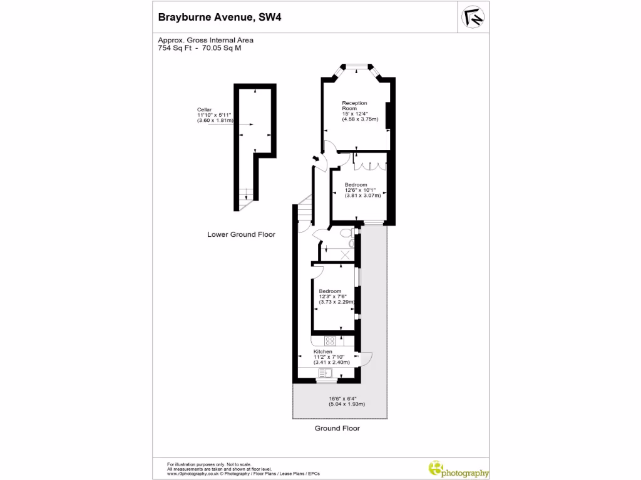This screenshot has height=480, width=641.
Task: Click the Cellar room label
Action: [x=204, y=109]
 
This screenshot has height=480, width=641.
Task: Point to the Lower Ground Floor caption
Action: [x=241, y=235]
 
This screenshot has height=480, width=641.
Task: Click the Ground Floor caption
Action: [x=337, y=429]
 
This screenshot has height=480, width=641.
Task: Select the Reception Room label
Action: [x=354, y=106]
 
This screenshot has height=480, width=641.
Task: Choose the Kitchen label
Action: [x=323, y=352]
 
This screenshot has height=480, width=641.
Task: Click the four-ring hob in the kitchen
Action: [x=330, y=341]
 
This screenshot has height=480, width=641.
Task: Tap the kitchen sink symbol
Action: [x=326, y=373]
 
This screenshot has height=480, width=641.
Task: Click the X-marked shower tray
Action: [x=344, y=254]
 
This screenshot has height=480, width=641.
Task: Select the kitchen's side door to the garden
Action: [x=367, y=359]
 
